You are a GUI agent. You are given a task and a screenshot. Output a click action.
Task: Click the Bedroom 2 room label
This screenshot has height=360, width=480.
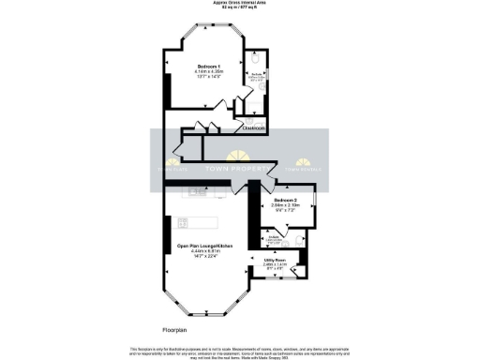point(286,202)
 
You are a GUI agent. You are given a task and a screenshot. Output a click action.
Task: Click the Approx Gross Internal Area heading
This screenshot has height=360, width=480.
point(240,4)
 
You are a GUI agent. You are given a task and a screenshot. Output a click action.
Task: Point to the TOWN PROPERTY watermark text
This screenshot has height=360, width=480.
point(239,169)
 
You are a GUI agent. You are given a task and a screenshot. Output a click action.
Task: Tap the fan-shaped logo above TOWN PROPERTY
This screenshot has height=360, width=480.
point(241,155)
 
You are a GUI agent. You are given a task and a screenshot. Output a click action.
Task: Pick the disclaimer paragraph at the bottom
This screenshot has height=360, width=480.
point(240,351)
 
